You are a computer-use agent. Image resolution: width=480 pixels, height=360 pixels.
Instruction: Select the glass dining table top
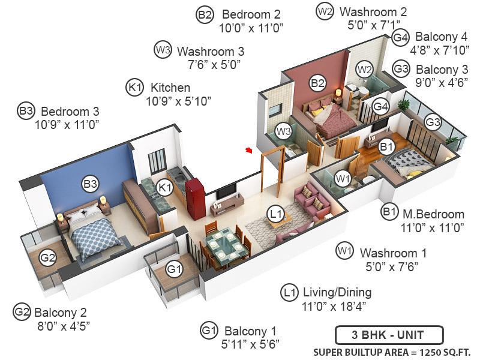click(226, 247)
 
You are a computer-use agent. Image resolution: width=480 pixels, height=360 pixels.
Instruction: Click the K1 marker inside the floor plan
click(165, 188)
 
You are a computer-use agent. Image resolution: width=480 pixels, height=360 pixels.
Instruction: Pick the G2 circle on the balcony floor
click(47, 258)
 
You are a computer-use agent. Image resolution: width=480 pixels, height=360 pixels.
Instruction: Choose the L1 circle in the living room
click(275, 212)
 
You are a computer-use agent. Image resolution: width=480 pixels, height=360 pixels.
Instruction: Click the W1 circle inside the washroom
click(341, 178)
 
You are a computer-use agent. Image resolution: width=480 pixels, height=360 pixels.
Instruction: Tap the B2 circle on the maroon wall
click(317, 83)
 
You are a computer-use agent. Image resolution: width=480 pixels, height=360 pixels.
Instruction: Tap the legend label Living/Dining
click(337, 293)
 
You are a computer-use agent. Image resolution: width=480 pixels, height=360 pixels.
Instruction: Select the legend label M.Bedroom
click(433, 214)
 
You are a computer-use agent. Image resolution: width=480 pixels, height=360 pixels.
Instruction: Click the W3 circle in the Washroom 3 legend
click(163, 50)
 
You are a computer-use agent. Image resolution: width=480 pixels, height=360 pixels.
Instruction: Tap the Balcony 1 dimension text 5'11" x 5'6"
click(249, 344)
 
